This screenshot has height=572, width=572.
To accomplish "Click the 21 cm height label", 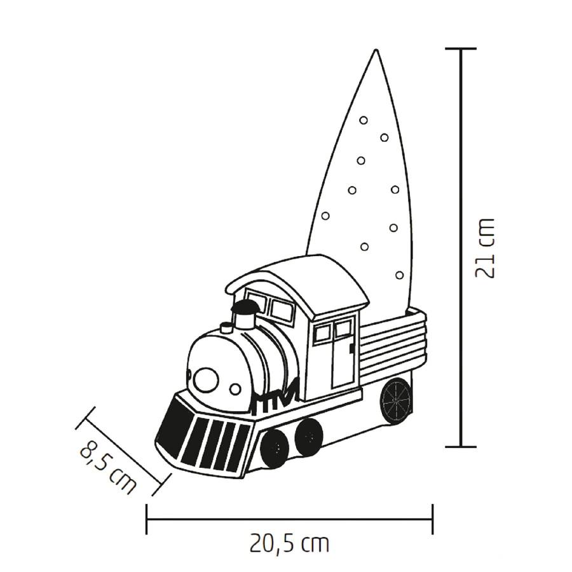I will (484, 248).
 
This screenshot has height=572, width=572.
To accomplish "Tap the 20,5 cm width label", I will (289, 544).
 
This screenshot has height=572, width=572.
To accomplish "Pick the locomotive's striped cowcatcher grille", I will (203, 439).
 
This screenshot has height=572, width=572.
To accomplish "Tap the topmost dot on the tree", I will (364, 119).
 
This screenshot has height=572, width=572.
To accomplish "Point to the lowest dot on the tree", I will (399, 275).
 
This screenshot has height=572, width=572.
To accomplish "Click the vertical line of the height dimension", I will (461, 248).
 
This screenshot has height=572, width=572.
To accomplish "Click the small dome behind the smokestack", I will (226, 328).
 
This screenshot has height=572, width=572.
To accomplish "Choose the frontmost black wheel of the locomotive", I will (274, 447).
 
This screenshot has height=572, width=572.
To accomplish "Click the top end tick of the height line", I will (461, 49).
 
